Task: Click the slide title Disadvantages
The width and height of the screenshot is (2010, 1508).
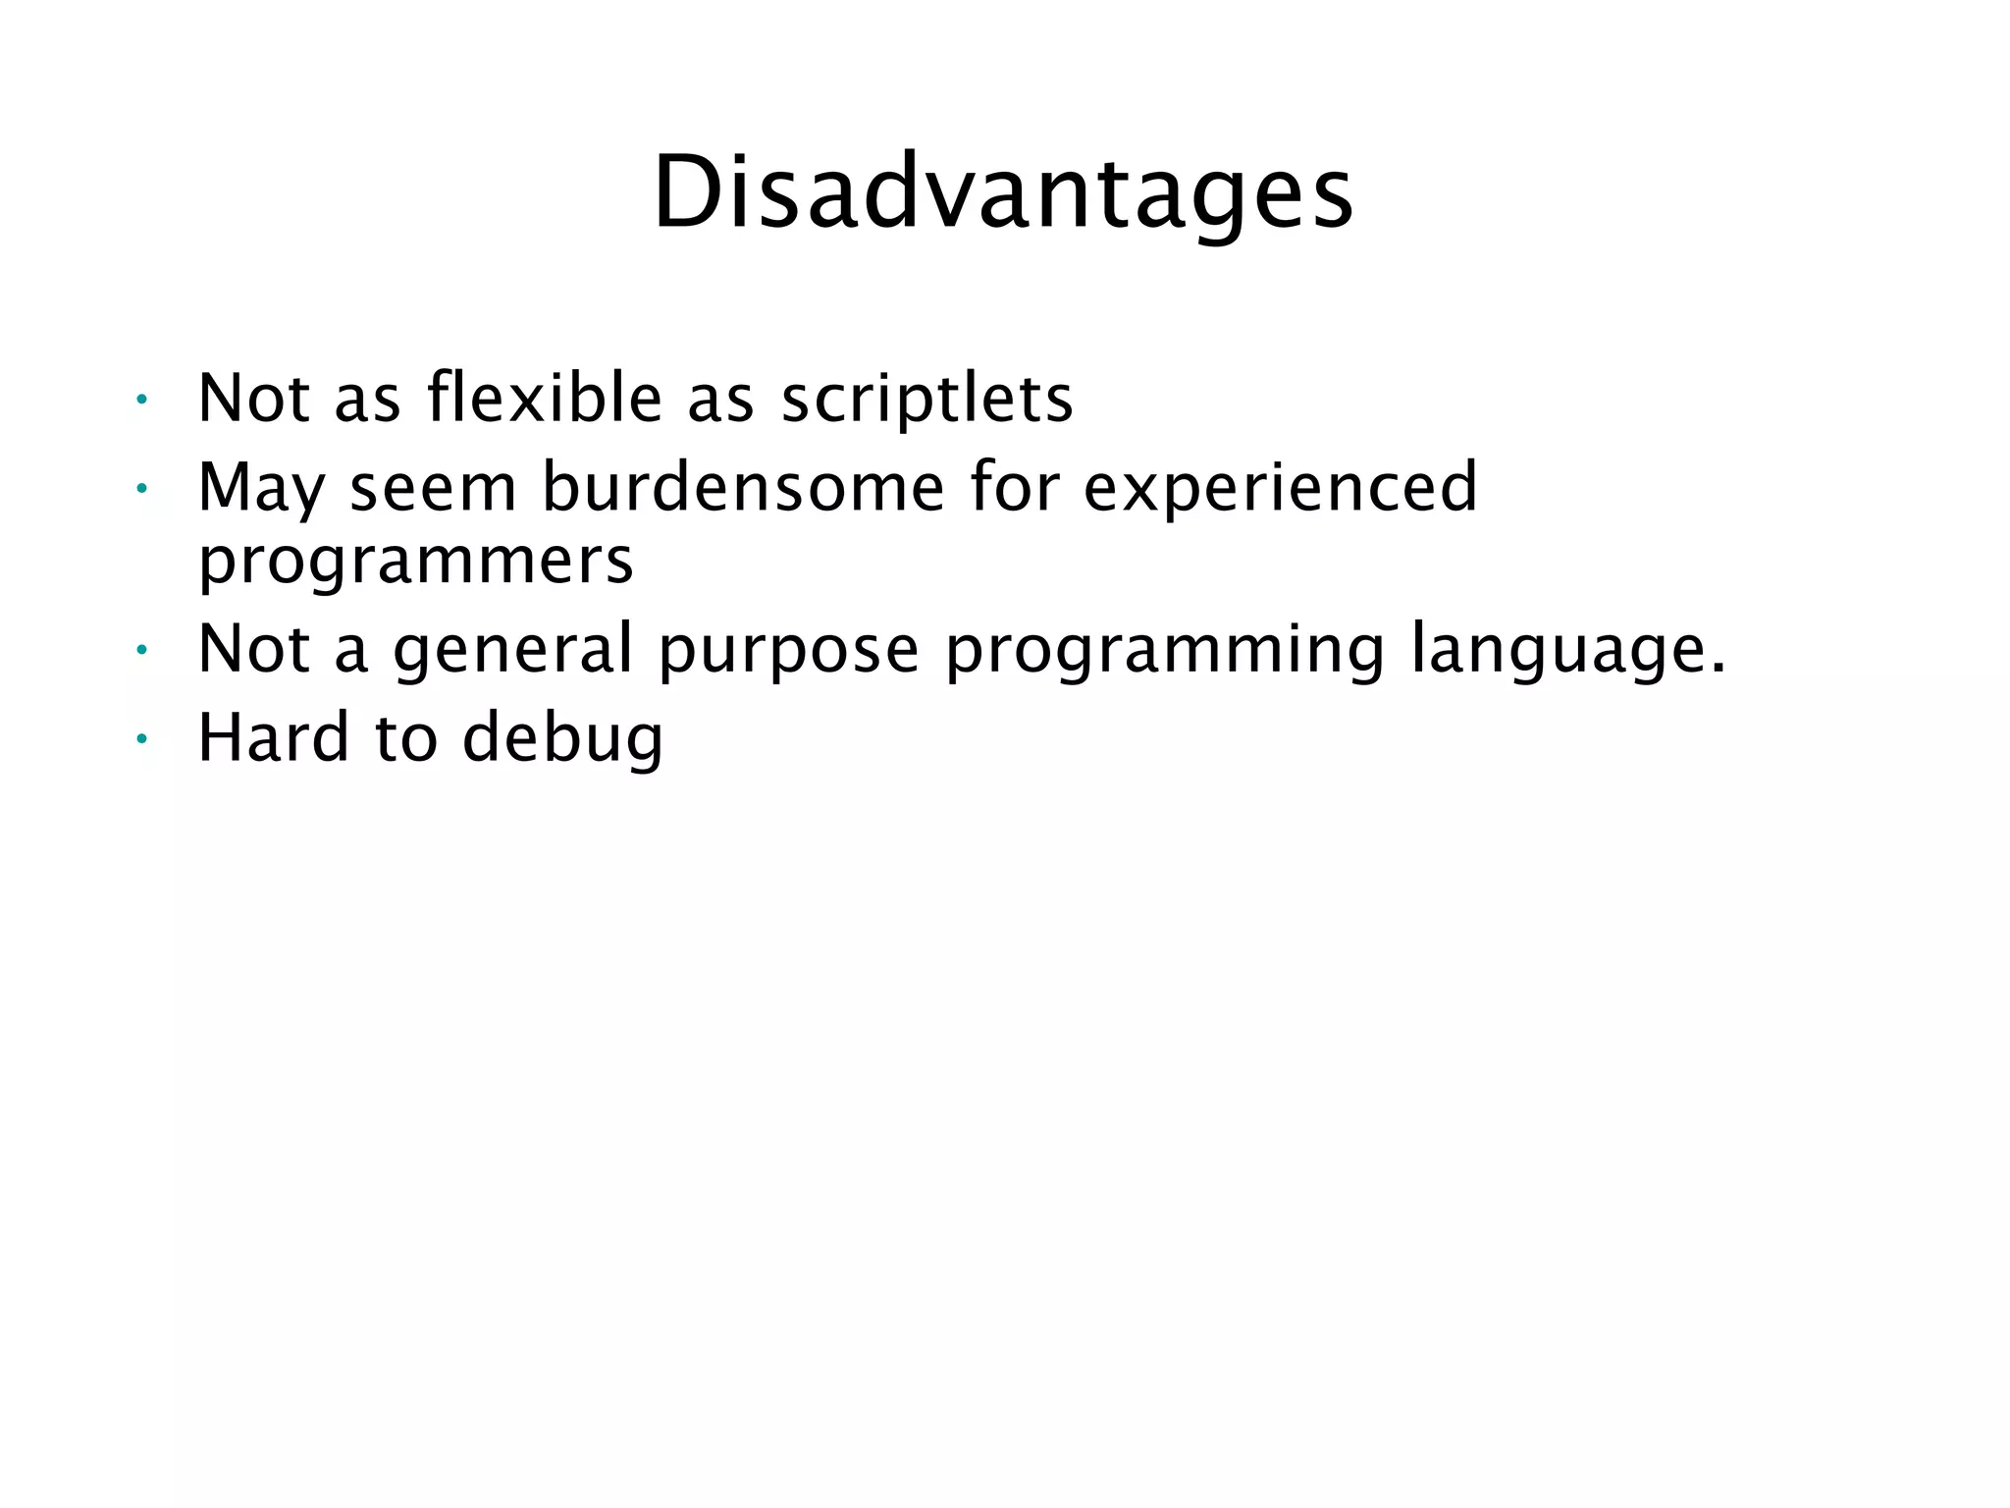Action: (x=1003, y=193)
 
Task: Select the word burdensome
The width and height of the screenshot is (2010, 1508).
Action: (x=743, y=487)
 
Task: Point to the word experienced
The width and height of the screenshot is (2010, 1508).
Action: (x=1280, y=489)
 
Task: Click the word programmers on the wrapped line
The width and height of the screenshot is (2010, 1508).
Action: (x=416, y=562)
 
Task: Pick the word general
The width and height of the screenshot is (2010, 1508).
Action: (x=513, y=650)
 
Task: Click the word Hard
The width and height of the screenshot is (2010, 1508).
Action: (x=274, y=737)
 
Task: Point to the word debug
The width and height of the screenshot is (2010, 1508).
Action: (x=562, y=739)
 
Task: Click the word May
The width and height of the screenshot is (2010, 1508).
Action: (x=260, y=489)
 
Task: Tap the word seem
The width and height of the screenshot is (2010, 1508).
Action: (x=433, y=489)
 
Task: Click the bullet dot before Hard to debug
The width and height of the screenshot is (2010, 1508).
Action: (x=141, y=738)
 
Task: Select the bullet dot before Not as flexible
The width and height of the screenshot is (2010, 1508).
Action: (x=141, y=399)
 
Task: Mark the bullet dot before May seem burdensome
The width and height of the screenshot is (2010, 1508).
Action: (x=141, y=488)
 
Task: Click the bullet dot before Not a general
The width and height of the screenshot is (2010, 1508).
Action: (x=141, y=649)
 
